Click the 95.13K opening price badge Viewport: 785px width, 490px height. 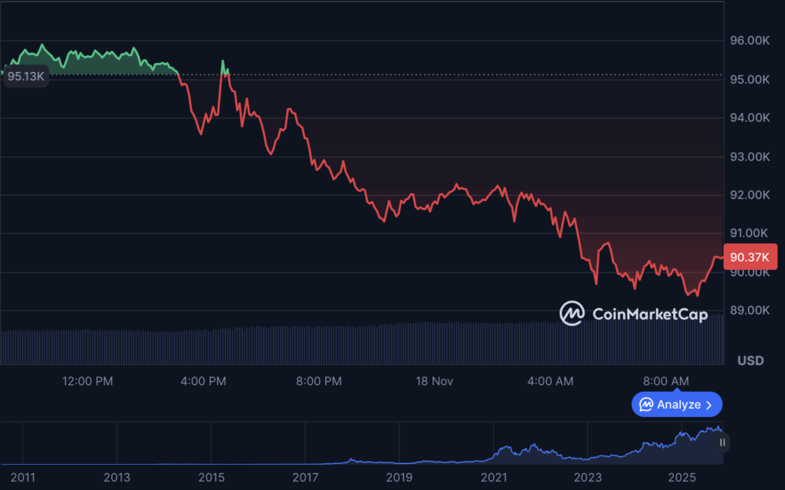pyautogui.click(x=26, y=77)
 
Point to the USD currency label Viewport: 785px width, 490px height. pyautogui.click(x=750, y=360)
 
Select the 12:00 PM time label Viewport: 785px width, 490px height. pyautogui.click(x=87, y=381)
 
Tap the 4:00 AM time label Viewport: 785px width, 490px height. pyautogui.click(x=551, y=381)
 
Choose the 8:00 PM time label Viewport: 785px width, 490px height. pyautogui.click(x=318, y=381)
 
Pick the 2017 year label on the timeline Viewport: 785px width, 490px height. pyautogui.click(x=305, y=478)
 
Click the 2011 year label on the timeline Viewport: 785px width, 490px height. pyautogui.click(x=23, y=478)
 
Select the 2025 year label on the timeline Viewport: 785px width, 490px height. pyautogui.click(x=682, y=478)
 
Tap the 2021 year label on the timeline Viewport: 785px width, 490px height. pyautogui.click(x=494, y=478)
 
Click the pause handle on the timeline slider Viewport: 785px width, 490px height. pyautogui.click(x=722, y=442)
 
